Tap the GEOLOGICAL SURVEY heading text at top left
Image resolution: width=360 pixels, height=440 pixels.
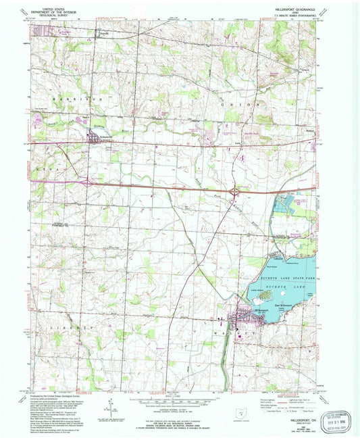[x=52, y=15]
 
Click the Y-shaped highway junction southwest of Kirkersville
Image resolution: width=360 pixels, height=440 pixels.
[x=87, y=181]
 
